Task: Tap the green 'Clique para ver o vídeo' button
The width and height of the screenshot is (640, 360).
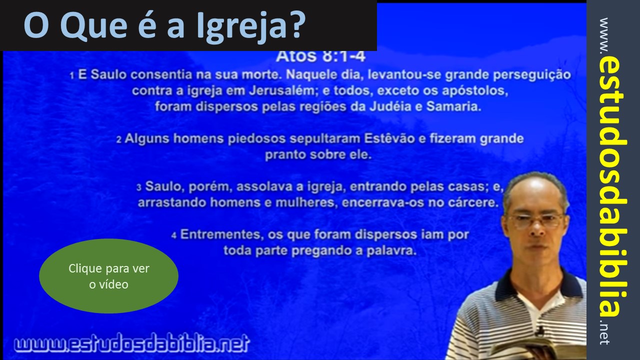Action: pos(108,276)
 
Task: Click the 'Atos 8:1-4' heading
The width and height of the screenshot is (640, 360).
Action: pos(320,56)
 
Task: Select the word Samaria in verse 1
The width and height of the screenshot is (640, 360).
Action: pos(453,106)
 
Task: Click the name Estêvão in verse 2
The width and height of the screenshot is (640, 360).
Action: pos(389,138)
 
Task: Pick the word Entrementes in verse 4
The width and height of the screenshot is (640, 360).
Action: pos(221,234)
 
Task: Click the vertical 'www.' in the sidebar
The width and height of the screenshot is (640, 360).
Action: pos(605,36)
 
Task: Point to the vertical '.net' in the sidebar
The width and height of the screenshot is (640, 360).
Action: pos(604,333)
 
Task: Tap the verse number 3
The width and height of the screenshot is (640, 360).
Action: pos(139,187)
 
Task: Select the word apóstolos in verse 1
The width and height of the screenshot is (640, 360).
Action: pos(475,91)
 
